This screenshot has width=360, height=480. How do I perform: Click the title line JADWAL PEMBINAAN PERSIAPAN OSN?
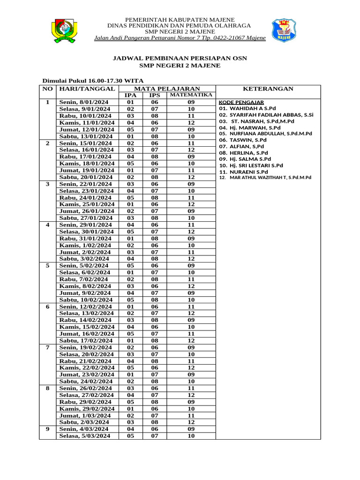coord(180,58)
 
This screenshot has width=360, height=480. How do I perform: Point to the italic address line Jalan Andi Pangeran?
coord(180,38)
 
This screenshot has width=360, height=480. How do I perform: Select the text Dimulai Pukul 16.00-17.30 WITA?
coord(86,81)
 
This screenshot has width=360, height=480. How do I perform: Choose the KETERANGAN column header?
coord(268,89)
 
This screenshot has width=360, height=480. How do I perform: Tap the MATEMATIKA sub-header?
coord(191,96)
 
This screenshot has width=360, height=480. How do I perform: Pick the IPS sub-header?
coord(154,96)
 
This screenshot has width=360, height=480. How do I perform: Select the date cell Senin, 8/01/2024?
coord(83,102)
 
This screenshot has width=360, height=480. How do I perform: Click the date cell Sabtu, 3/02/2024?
coord(84,258)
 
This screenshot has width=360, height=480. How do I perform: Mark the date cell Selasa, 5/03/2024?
coord(85,436)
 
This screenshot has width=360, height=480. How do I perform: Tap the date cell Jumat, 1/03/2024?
coord(84,416)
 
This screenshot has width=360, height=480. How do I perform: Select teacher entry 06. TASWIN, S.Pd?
coord(243,140)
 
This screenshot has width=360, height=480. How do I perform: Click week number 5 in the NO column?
coord(47,265)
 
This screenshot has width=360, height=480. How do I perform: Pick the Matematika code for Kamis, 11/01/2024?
coord(191,123)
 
